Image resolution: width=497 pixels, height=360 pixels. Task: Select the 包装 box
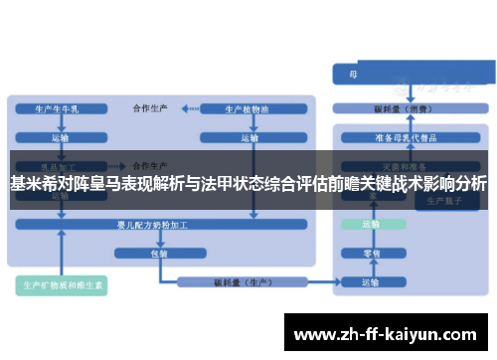pyautogui.click(x=159, y=254)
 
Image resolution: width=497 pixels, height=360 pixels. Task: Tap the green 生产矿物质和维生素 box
pyautogui.click(x=66, y=285)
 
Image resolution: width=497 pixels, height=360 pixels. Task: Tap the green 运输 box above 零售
pyautogui.click(x=370, y=226)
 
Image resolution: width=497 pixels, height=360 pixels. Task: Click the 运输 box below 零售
pyautogui.click(x=370, y=282)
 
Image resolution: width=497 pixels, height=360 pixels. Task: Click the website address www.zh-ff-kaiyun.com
pyautogui.click(x=387, y=333)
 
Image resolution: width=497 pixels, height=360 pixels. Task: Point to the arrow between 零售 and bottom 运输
pyautogui.click(x=370, y=269)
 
